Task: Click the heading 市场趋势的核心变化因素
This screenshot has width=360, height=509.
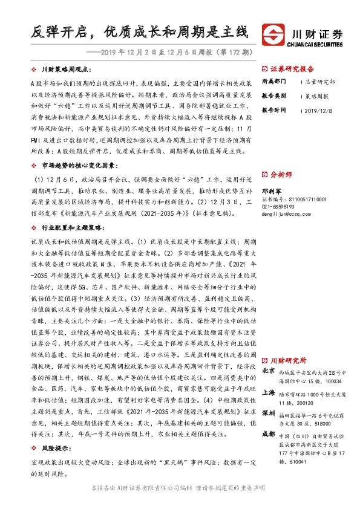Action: (x=78, y=164)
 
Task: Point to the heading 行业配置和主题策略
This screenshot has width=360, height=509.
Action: (x=74, y=227)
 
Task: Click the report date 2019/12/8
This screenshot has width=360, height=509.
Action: (x=318, y=111)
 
